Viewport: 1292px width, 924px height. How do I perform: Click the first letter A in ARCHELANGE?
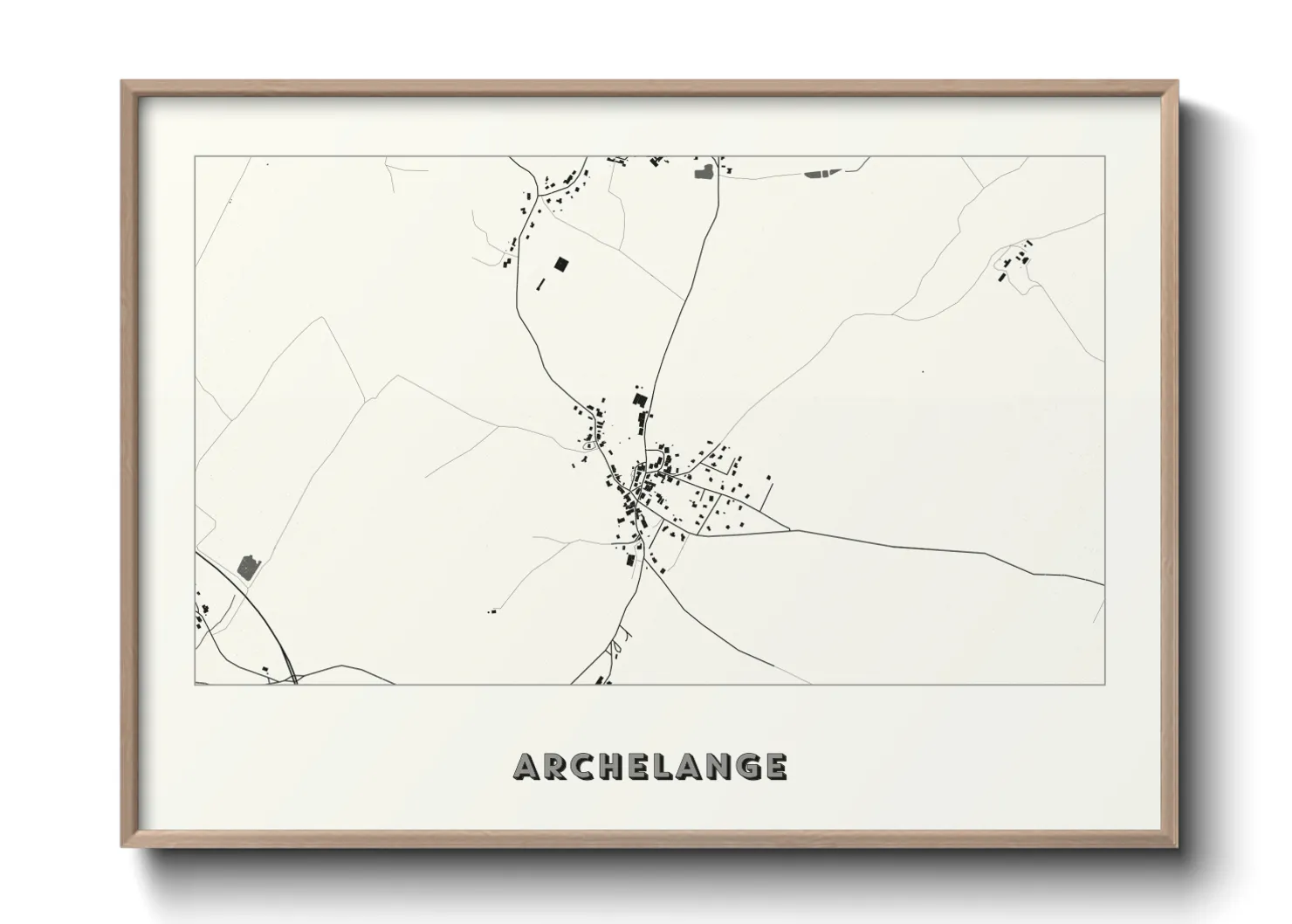526,767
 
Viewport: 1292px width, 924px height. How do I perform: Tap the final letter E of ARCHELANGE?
774,767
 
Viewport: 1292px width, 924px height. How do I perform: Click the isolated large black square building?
561,263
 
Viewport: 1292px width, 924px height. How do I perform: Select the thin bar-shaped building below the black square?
540,284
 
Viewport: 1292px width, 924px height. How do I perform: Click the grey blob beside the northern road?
703,171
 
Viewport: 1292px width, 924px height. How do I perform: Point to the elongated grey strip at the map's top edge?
818,173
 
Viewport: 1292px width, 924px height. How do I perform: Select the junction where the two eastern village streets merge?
789,529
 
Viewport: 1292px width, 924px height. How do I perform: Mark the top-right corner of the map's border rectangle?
1104,156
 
